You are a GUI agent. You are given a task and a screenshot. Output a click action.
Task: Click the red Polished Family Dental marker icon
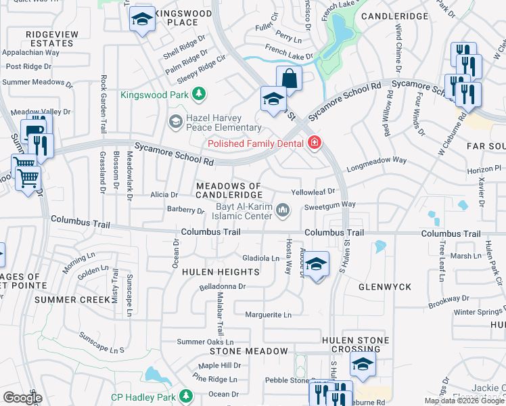click(313, 143)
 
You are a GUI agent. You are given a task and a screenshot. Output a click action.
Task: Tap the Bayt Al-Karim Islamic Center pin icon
click(283, 212)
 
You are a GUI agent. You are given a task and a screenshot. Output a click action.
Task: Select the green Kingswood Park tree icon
click(198, 94)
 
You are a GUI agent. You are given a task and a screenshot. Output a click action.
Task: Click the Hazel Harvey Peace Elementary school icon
click(175, 122)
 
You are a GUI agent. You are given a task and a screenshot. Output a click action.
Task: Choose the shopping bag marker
click(289, 78)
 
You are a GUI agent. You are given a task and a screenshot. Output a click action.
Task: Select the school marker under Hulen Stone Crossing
click(363, 365)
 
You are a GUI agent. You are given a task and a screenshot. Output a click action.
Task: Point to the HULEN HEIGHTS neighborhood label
click(221, 272)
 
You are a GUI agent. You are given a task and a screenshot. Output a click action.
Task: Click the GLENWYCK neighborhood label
click(386, 287)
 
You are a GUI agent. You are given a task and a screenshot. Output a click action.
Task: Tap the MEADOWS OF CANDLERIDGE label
click(228, 190)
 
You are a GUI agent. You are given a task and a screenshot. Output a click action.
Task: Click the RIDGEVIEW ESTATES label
click(49, 38)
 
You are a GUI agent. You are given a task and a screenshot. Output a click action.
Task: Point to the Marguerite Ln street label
click(268, 315)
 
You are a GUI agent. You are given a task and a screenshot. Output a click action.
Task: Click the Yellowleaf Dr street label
click(313, 192)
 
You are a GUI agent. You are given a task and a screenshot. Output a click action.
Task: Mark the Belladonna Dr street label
click(221, 286)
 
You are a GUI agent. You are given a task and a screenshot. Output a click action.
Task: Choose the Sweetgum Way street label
click(329, 204)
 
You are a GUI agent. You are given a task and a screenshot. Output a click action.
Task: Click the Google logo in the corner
click(22, 398)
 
